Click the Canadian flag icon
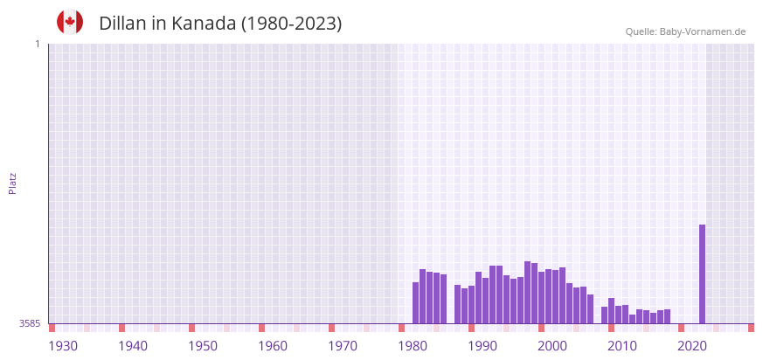[70, 22]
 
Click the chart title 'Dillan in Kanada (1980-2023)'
[220, 24]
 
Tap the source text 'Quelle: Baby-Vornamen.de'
[685, 31]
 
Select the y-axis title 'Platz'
[12, 183]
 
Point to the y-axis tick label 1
[37, 44]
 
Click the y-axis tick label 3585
[30, 323]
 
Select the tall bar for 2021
[702, 273]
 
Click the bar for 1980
[416, 302]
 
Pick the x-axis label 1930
[63, 346]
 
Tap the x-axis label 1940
[133, 346]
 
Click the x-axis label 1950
[203, 346]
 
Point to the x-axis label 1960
[273, 346]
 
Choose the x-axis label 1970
[343, 346]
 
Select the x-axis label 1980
[413, 346]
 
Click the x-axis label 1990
[482, 346]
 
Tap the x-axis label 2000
[552, 346]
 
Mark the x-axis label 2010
[622, 346]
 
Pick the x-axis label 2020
[692, 346]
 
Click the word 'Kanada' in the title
[204, 24]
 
